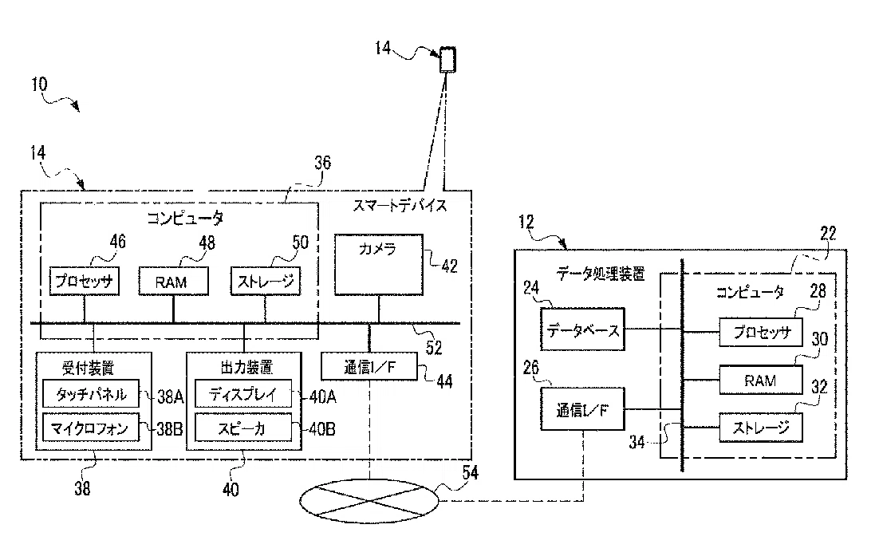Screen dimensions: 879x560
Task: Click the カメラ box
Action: [378, 265]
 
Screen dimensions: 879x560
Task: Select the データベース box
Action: [582, 329]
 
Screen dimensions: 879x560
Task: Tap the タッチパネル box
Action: [90, 394]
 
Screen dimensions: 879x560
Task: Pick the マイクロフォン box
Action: [90, 428]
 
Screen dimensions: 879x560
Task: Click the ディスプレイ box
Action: [243, 394]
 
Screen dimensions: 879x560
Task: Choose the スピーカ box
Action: [243, 428]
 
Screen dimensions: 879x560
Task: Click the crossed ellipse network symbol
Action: [369, 501]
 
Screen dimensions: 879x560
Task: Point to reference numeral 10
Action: [39, 84]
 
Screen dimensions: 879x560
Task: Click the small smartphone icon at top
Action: [447, 59]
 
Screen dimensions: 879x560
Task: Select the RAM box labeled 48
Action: [173, 282]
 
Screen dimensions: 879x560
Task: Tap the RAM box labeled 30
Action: [761, 380]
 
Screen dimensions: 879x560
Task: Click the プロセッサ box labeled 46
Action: [84, 282]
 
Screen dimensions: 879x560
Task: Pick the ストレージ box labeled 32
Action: [761, 428]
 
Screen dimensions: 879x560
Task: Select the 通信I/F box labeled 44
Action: [369, 367]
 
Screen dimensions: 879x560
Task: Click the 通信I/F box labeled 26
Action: [582, 409]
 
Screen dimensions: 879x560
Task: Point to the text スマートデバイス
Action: [400, 206]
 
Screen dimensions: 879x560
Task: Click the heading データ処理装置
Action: [601, 274]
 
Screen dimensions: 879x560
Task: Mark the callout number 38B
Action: [169, 429]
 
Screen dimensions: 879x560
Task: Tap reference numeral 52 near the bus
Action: [434, 348]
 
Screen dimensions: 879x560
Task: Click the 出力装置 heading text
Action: [246, 367]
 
